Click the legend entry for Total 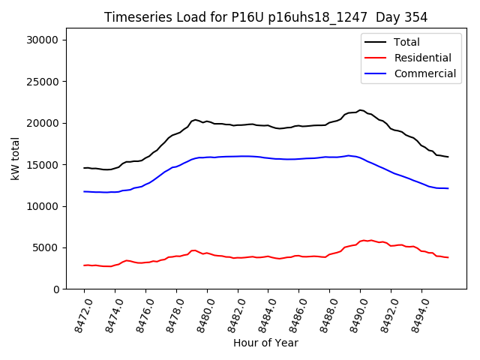click(407, 42)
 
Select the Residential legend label click(423, 58)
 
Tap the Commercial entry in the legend click(424, 73)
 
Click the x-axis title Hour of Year click(265, 343)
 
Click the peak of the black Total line click(361, 110)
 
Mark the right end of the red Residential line click(448, 257)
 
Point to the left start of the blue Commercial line click(84, 191)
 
